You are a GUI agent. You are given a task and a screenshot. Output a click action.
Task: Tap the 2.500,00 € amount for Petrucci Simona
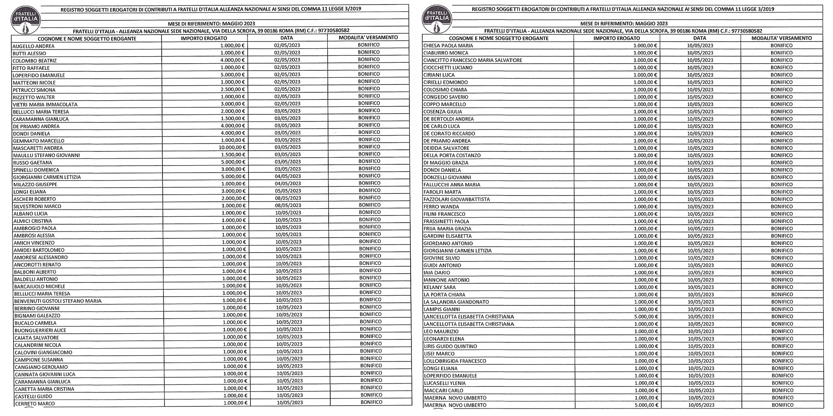tap(234, 89)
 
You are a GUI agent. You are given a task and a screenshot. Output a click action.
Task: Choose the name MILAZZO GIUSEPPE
tap(35, 184)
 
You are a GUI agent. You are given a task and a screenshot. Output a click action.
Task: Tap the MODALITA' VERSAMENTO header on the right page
tap(781, 38)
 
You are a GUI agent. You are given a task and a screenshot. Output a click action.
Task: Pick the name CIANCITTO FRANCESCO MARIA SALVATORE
tap(472, 60)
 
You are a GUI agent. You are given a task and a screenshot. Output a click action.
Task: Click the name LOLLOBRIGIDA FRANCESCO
tap(454, 361)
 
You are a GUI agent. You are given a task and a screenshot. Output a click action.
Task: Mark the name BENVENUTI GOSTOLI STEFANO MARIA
tap(57, 301)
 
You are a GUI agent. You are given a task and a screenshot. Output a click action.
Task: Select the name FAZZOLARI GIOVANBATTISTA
tap(456, 199)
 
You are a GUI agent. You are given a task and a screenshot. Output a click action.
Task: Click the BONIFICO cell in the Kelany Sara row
tap(782, 287)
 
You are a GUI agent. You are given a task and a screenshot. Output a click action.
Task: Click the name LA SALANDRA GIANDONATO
tap(456, 302)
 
